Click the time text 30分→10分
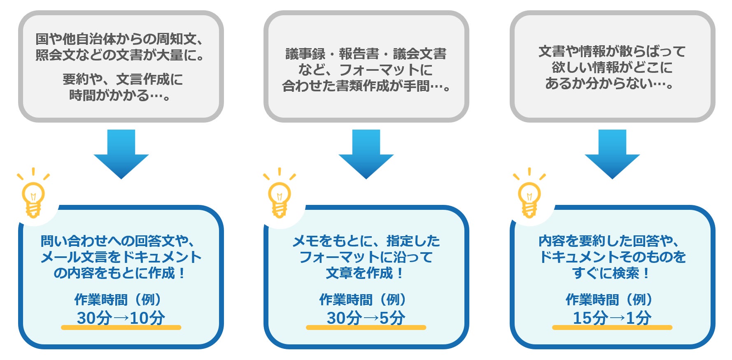121,318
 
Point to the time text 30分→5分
366,318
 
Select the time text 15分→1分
612,318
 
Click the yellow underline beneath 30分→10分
121,327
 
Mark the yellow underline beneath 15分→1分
612,327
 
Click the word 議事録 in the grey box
305,54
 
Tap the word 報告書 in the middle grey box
359,54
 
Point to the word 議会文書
420,54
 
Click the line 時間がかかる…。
120,95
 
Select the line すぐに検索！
612,273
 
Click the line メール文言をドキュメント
121,257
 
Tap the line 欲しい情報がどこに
612,67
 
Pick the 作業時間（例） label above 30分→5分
364,300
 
